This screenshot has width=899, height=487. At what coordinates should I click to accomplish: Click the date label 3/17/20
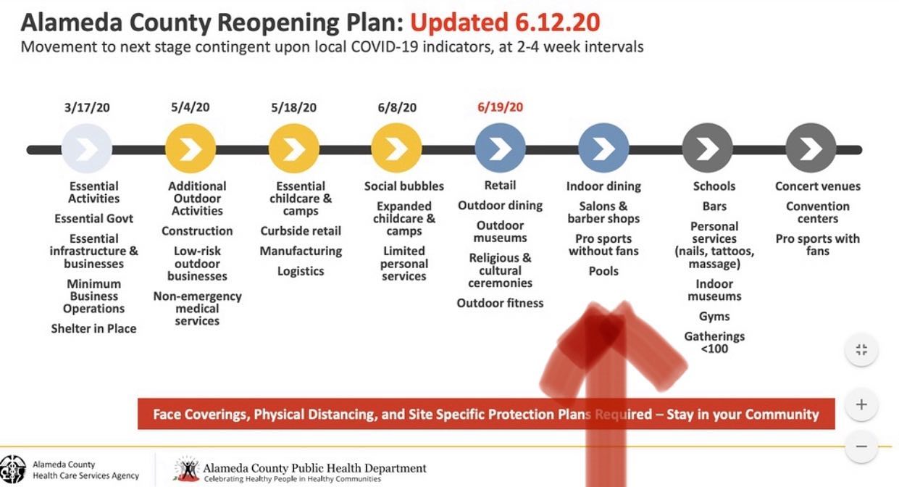(87, 107)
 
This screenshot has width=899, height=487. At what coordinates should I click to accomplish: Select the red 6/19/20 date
(500, 107)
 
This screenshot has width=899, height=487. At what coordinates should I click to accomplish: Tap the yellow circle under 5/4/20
(191, 149)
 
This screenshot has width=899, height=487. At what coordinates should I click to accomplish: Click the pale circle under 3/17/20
(87, 149)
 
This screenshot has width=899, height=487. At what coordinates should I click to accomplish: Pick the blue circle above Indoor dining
(603, 149)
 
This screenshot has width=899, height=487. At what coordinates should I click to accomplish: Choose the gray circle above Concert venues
(811, 149)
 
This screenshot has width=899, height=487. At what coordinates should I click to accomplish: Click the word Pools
(603, 271)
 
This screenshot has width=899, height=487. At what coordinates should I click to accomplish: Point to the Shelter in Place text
(93, 329)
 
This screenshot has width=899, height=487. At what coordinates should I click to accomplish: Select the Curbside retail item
(301, 231)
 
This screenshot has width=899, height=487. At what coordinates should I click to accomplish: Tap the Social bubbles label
(403, 186)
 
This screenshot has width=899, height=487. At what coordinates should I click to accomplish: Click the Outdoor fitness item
(500, 303)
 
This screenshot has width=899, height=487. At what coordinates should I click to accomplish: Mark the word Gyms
(714, 317)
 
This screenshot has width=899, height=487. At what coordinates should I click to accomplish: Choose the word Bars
(714, 207)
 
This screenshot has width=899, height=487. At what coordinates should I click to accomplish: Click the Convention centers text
(818, 212)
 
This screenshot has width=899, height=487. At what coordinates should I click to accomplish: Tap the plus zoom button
(861, 404)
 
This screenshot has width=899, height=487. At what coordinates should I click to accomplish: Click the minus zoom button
(861, 446)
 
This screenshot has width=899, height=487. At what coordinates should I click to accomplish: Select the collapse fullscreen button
(861, 350)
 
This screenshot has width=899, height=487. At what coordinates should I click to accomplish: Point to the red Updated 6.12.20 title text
(505, 22)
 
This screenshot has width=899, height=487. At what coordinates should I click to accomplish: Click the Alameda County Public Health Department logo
(188, 469)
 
